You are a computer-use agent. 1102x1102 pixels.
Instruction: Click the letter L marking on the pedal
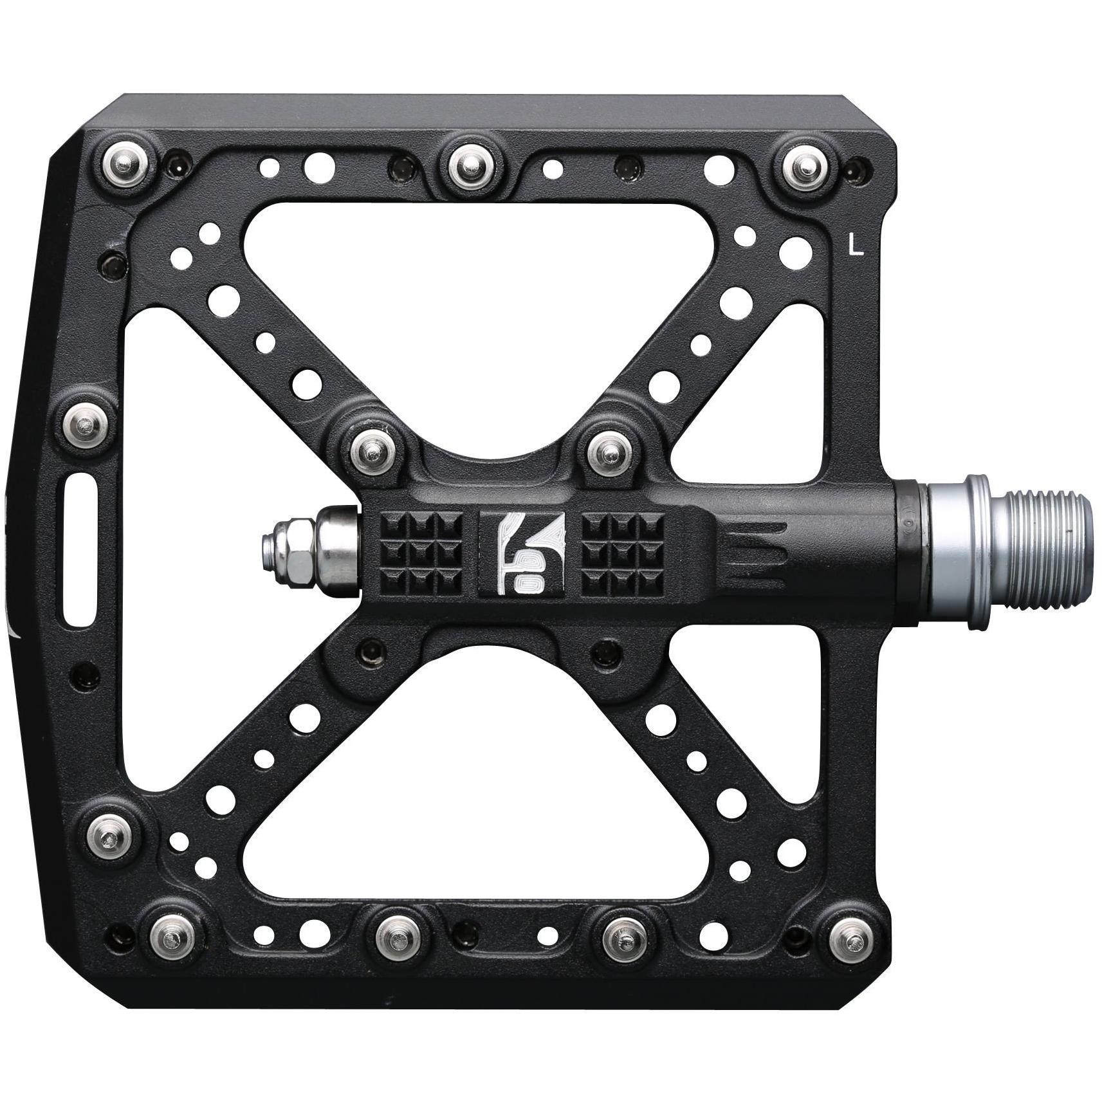click(x=856, y=246)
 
